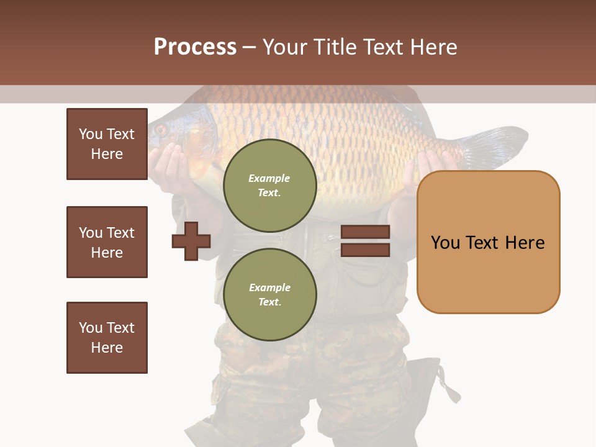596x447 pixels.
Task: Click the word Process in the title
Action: point(195,47)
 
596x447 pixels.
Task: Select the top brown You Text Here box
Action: point(107,144)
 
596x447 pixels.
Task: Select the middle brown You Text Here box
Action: point(107,242)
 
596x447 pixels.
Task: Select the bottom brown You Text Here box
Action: point(107,338)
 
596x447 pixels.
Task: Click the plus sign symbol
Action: point(191,241)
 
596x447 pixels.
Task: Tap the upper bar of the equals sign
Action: point(365,232)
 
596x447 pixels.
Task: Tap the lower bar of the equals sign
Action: point(365,250)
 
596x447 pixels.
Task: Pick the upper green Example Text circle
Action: point(270,186)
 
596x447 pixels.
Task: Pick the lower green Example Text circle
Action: point(270,295)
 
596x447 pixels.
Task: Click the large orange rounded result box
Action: point(488,242)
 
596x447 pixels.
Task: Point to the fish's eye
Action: point(161,130)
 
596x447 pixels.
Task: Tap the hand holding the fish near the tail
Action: point(416,174)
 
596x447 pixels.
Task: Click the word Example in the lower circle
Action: point(269,287)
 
